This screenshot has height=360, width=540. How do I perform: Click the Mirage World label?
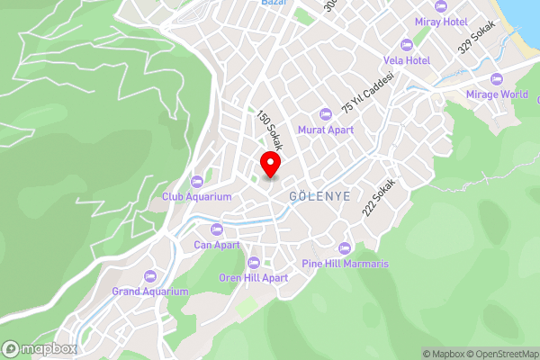pos(497,94)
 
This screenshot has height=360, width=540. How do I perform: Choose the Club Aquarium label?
pos(197,195)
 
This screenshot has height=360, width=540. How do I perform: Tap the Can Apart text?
pos(217,244)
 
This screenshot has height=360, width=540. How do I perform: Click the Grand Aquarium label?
pos(150,291)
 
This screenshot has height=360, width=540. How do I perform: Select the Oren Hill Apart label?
pos(254,278)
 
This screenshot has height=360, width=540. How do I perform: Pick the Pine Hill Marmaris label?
pos(345,264)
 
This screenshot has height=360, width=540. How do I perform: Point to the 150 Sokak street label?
pos(266,130)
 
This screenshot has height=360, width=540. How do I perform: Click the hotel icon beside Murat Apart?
pos(326,114)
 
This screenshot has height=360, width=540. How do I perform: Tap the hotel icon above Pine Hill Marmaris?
pos(344,248)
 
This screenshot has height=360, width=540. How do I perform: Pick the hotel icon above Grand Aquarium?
pos(150,275)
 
